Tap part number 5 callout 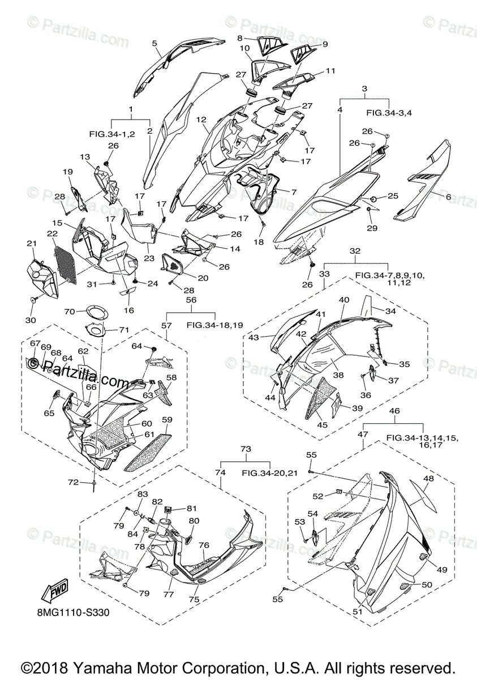click(154, 43)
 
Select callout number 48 click(428, 478)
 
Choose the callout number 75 click(194, 598)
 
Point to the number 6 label click(449, 197)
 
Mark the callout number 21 click(31, 244)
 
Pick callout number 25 click(393, 196)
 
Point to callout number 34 click(391, 311)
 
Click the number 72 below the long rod click(73, 482)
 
